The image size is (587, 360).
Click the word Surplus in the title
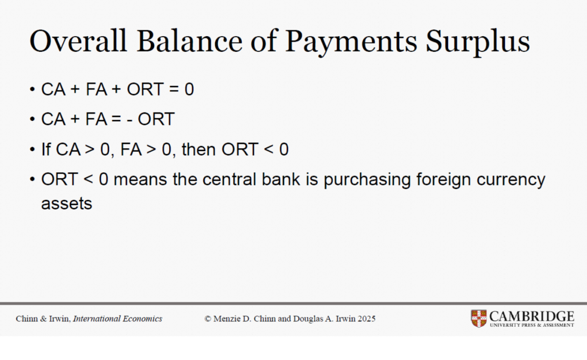(x=478, y=43)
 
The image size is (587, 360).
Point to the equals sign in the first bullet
(x=174, y=89)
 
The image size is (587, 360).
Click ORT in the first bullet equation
(x=145, y=89)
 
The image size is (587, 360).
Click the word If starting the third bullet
(x=46, y=149)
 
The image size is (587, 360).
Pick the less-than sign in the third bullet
(x=269, y=150)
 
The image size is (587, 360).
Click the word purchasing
(x=367, y=180)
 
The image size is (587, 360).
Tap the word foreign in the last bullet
(x=443, y=180)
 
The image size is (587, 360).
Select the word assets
(x=67, y=203)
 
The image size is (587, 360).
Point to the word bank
(x=281, y=179)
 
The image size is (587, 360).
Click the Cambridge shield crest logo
(x=479, y=318)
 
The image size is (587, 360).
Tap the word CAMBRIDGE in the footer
(x=532, y=316)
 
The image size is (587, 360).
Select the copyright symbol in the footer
(x=208, y=319)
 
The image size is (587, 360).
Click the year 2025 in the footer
(x=366, y=318)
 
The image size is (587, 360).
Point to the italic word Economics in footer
(x=142, y=318)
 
